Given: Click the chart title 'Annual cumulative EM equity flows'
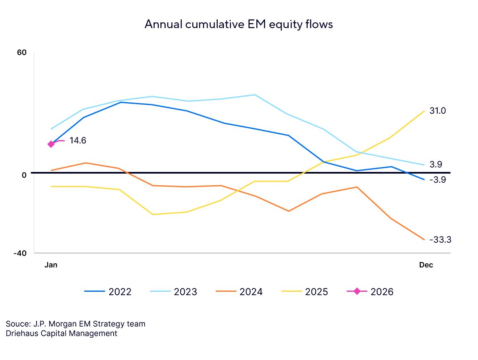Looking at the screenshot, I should coord(239,24).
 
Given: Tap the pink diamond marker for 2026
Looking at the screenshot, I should coord(51,144).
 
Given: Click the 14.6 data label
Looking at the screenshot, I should coord(78,141).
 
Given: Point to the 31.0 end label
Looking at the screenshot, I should coord(437,111).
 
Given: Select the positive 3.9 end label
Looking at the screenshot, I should coord(436,165).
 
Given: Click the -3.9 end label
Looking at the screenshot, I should coord(437,180).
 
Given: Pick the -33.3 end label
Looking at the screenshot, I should coord(440,240).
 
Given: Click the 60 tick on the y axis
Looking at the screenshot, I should coord(22,53).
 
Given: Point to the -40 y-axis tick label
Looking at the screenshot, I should coord(20,253).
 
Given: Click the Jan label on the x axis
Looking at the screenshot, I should coord(51,265).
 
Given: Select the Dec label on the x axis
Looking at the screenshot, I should coord(426,265).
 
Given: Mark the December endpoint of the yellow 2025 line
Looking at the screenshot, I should coord(424,111).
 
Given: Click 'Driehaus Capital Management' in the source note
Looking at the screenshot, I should coord(62,333).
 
